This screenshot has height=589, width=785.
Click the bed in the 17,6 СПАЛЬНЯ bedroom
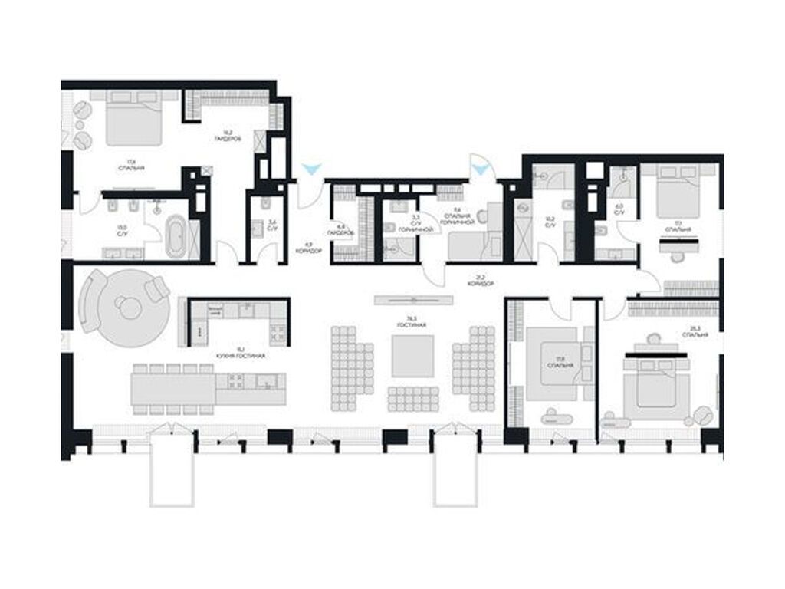[133, 121]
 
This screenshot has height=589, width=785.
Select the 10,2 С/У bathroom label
[550, 222]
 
